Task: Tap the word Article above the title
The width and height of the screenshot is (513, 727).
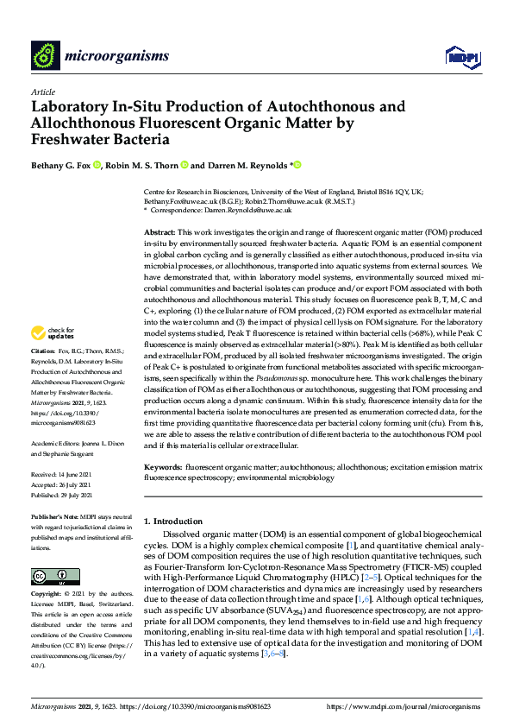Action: click(42, 92)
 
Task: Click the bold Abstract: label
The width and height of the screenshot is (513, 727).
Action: click(160, 233)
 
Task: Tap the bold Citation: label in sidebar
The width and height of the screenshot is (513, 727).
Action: click(43, 376)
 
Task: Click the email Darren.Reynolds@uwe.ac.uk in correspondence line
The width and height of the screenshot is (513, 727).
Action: click(251, 210)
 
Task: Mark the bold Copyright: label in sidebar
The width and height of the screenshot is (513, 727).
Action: click(47, 596)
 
